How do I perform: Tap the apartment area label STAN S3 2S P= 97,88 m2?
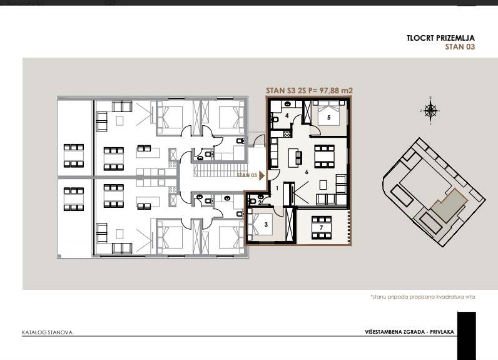[309, 91]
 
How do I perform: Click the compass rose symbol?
[430, 111]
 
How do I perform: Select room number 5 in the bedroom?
[328, 117]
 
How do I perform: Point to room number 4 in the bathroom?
[286, 116]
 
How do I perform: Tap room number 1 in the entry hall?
[277, 188]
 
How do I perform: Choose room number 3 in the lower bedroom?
[266, 224]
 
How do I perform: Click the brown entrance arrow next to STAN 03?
[262, 176]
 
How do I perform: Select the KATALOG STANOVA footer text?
[47, 332]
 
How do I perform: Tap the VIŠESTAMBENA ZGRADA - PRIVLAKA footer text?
[409, 331]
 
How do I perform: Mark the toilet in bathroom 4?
[275, 117]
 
